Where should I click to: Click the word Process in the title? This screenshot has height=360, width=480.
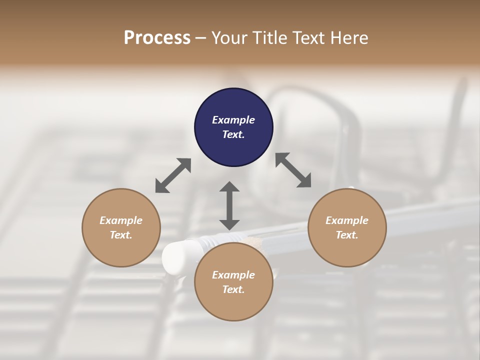[x=157, y=38]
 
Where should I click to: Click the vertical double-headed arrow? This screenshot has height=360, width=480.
[x=229, y=205]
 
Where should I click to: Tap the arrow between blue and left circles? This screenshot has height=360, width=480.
[x=173, y=175]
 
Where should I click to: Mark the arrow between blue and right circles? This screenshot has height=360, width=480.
[x=293, y=170]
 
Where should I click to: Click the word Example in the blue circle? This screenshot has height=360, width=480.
[x=233, y=120]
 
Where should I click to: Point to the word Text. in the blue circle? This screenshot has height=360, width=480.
[x=233, y=134]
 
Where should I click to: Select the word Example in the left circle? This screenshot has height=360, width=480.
[x=121, y=220]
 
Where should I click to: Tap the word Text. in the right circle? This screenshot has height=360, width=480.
[x=347, y=235]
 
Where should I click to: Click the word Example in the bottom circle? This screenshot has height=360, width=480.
[x=233, y=275]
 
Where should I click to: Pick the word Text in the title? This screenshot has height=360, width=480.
[x=311, y=38]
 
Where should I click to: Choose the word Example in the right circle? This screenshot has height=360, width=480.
[x=347, y=220]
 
